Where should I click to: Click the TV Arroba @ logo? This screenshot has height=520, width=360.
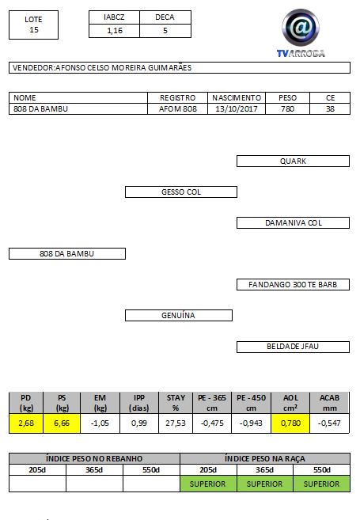[301, 32]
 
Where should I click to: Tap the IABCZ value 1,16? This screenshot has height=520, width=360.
[115, 31]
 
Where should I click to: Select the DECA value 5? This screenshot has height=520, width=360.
[165, 31]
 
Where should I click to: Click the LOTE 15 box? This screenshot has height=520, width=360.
[33, 25]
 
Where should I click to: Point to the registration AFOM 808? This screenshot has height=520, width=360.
[178, 108]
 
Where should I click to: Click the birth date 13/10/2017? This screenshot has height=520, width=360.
[237, 108]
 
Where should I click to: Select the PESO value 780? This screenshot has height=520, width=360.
[287, 108]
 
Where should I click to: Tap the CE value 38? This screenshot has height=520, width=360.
[330, 108]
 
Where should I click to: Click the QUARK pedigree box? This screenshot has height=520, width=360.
[293, 161]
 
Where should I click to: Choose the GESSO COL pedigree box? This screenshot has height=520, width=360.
[181, 192]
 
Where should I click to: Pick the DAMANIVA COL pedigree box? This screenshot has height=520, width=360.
[293, 223]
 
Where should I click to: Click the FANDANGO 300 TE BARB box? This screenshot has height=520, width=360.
[293, 285]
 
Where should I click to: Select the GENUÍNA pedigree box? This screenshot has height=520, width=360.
[179, 315]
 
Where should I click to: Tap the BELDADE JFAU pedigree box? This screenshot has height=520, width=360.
[293, 347]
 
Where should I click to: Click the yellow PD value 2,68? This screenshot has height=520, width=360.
[26, 423]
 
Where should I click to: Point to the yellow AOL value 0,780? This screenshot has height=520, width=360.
[290, 423]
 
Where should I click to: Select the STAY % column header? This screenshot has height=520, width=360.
[176, 403]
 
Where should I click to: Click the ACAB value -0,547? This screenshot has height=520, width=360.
[329, 423]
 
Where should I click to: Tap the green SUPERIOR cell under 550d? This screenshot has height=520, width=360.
[321, 484]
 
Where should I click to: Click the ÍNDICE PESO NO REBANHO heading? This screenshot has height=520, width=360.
[94, 458]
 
